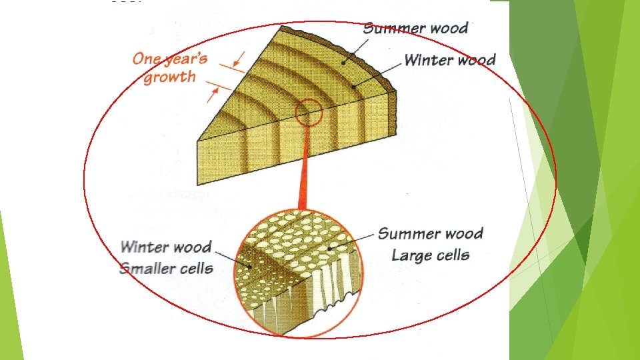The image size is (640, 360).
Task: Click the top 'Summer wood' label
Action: click(415, 29)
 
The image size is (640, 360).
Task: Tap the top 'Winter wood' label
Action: click(450, 60)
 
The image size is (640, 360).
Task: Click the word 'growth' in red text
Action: click(170, 77)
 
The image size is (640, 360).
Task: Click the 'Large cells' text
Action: click(430, 255)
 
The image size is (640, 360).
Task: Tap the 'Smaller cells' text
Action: click(166, 269)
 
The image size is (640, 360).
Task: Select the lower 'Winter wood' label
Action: click(166, 247)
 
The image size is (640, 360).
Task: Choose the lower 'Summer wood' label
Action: click(430, 233)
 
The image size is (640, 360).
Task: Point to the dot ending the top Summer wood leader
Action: click(344, 63)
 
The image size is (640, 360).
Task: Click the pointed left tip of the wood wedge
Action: click(200, 140)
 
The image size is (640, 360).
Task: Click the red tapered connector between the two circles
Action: click(304, 173)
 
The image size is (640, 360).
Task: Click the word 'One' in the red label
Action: click(147, 58)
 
